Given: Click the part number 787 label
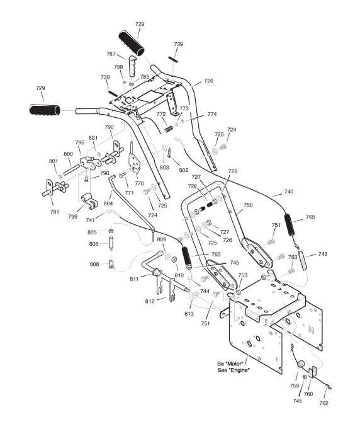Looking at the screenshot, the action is click(x=111, y=54).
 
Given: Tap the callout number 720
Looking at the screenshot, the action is click(x=208, y=81).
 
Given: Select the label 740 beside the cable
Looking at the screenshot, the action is click(x=289, y=192).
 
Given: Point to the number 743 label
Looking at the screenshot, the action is click(x=322, y=254).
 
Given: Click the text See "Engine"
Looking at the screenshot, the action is click(x=233, y=370).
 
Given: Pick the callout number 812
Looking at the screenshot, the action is click(x=149, y=301).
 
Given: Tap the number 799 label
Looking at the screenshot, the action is click(x=73, y=216).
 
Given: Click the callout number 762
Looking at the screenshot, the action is click(x=324, y=403).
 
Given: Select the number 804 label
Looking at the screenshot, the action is click(x=108, y=204).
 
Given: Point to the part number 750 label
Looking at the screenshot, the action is click(x=248, y=205).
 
